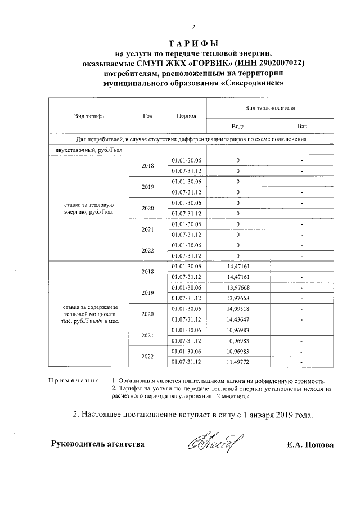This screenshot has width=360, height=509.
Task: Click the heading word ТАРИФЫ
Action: click(193, 44)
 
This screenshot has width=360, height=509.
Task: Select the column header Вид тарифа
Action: click(89, 116)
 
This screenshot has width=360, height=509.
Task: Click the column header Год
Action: click(148, 116)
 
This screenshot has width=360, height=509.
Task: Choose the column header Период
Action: click(186, 116)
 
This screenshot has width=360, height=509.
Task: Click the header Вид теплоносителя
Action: click(270, 107)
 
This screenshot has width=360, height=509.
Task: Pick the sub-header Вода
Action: click(238, 127)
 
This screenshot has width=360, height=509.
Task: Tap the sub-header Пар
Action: click(302, 127)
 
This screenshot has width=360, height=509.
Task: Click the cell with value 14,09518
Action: click(238, 309)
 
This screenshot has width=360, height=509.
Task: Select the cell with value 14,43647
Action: click(238, 319)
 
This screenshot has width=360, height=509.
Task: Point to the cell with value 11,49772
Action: click(238, 362)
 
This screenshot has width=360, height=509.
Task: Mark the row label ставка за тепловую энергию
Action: click(89, 208)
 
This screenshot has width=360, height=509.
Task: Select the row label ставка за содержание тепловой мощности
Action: click(89, 314)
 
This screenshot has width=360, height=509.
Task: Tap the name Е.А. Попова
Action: click(310, 444)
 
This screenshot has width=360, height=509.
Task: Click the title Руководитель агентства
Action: click(97, 444)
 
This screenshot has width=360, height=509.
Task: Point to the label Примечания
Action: click(75, 381)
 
